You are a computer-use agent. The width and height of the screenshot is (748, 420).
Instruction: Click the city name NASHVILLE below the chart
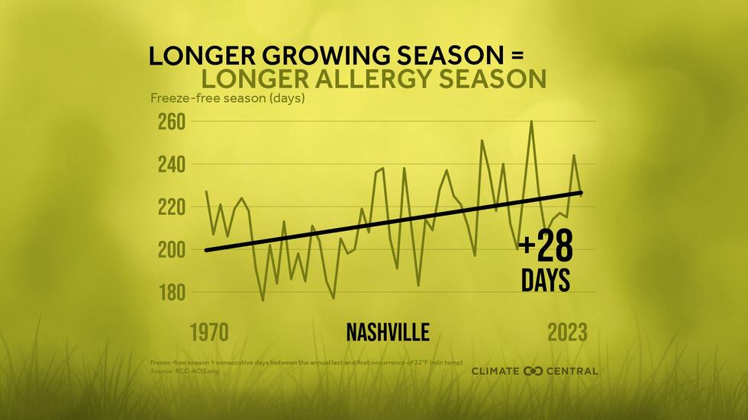(388, 332)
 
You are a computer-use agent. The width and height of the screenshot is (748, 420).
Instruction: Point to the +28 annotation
(545, 248)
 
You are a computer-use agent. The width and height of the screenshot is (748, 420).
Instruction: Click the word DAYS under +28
(545, 281)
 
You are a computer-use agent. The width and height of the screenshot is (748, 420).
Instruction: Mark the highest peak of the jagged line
(531, 122)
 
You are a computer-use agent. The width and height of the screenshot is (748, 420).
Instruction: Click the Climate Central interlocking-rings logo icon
(532, 371)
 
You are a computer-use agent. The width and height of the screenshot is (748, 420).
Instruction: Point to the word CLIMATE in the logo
(496, 371)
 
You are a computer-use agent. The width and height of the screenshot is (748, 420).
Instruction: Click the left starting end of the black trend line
(206, 250)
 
